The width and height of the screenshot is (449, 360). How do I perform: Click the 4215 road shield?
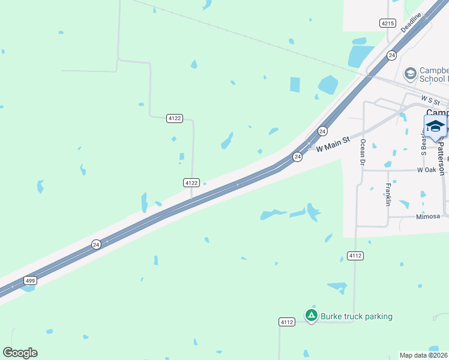388,23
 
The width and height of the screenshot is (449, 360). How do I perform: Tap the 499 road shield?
30,280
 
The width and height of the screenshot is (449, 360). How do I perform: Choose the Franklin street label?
388,195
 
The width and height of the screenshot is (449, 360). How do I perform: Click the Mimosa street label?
428,216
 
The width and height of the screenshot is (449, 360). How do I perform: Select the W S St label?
430,99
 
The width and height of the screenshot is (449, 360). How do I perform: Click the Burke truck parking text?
356,316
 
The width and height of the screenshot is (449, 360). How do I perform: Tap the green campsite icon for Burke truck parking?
311,315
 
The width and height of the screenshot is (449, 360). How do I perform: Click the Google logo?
20,353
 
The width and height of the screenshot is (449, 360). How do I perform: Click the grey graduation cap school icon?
411,74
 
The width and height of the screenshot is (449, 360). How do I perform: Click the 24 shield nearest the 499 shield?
96,244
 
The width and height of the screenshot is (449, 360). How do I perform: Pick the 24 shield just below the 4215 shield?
391,55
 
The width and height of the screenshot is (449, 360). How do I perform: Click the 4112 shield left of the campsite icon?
287,322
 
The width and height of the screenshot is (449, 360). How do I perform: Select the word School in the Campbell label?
433,79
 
